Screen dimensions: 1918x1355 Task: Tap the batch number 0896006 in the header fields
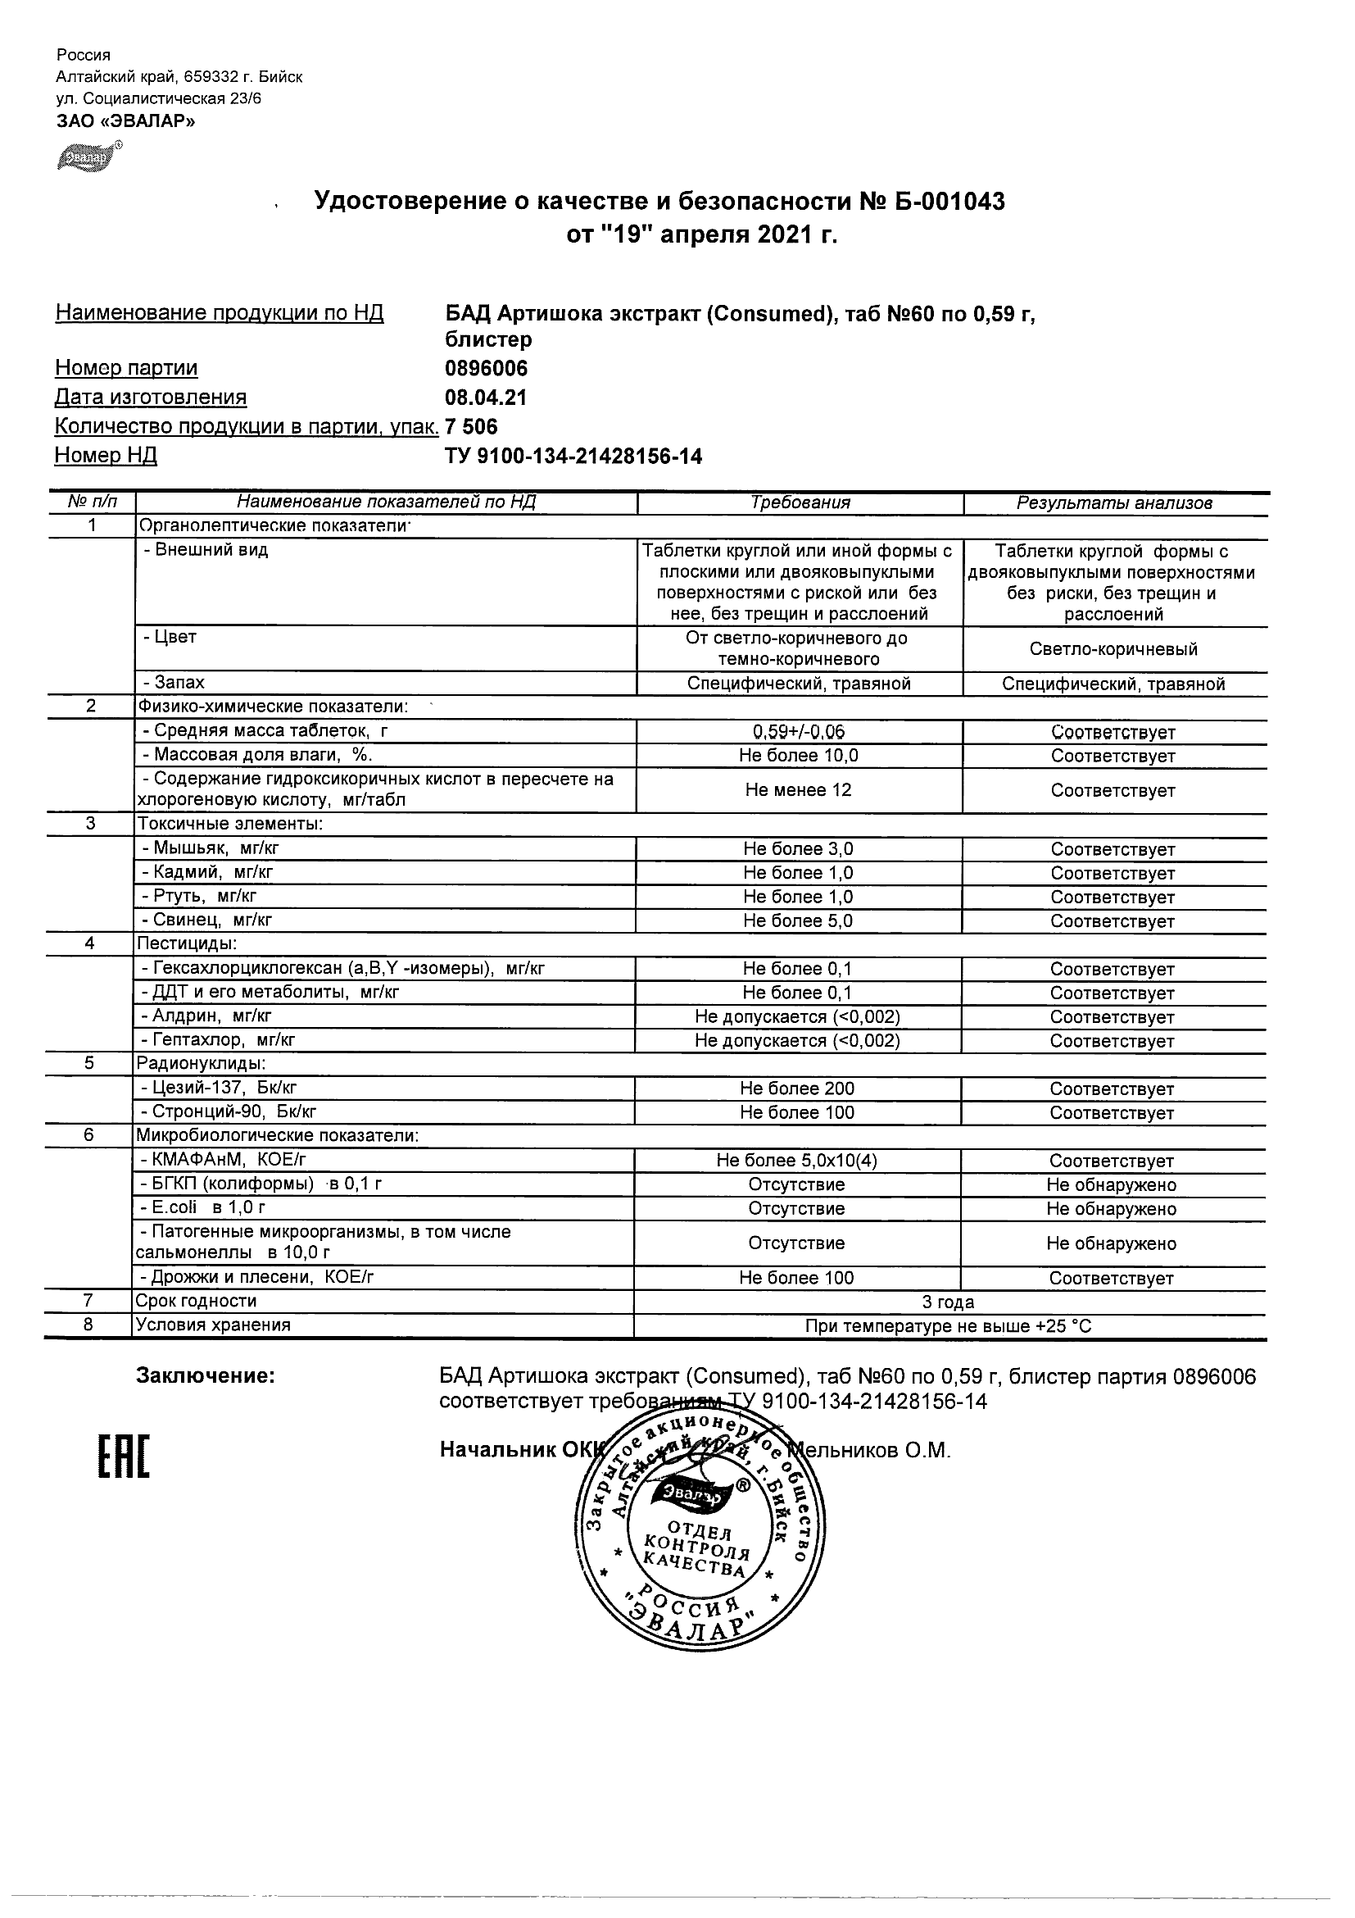pyautogui.click(x=487, y=368)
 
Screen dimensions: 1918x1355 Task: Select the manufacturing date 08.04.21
pyautogui.click(x=487, y=398)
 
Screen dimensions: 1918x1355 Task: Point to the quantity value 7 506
pyautogui.click(x=472, y=427)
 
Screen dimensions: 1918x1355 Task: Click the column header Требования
pyautogui.click(x=800, y=503)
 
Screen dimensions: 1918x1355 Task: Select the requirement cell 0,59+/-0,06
pyautogui.click(x=799, y=732)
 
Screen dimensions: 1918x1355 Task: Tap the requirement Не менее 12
pyautogui.click(x=798, y=789)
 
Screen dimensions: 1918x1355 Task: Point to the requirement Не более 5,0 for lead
pyautogui.click(x=798, y=920)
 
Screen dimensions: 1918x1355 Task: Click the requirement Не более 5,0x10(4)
pyautogui.click(x=796, y=1161)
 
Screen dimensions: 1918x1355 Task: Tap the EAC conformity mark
pyautogui.click(x=124, y=1457)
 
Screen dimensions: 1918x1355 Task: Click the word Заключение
pyautogui.click(x=206, y=1376)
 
